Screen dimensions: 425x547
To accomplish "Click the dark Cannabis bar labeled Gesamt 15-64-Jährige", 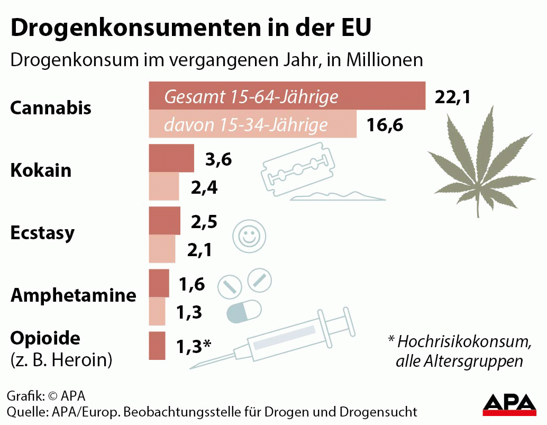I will pos(287,96).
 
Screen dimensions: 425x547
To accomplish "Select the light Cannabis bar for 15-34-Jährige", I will pos(253,125).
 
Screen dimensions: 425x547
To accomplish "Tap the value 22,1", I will pos(452,97).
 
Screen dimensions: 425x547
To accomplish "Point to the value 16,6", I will pos(385,126).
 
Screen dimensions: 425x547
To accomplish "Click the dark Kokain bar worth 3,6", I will pos(171,158).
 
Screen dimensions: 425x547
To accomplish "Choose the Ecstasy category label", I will pos(43,233).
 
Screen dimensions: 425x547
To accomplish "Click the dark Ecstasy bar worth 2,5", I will pos(165,221).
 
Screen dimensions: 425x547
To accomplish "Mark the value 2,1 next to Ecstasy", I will pos(199,249).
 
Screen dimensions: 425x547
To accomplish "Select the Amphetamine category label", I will pos(74,295).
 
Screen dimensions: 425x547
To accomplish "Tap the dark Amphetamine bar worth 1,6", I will pos(159,283).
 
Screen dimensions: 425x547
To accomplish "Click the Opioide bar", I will pos(157,346).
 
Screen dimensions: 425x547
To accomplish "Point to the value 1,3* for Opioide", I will pos(194,346).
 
